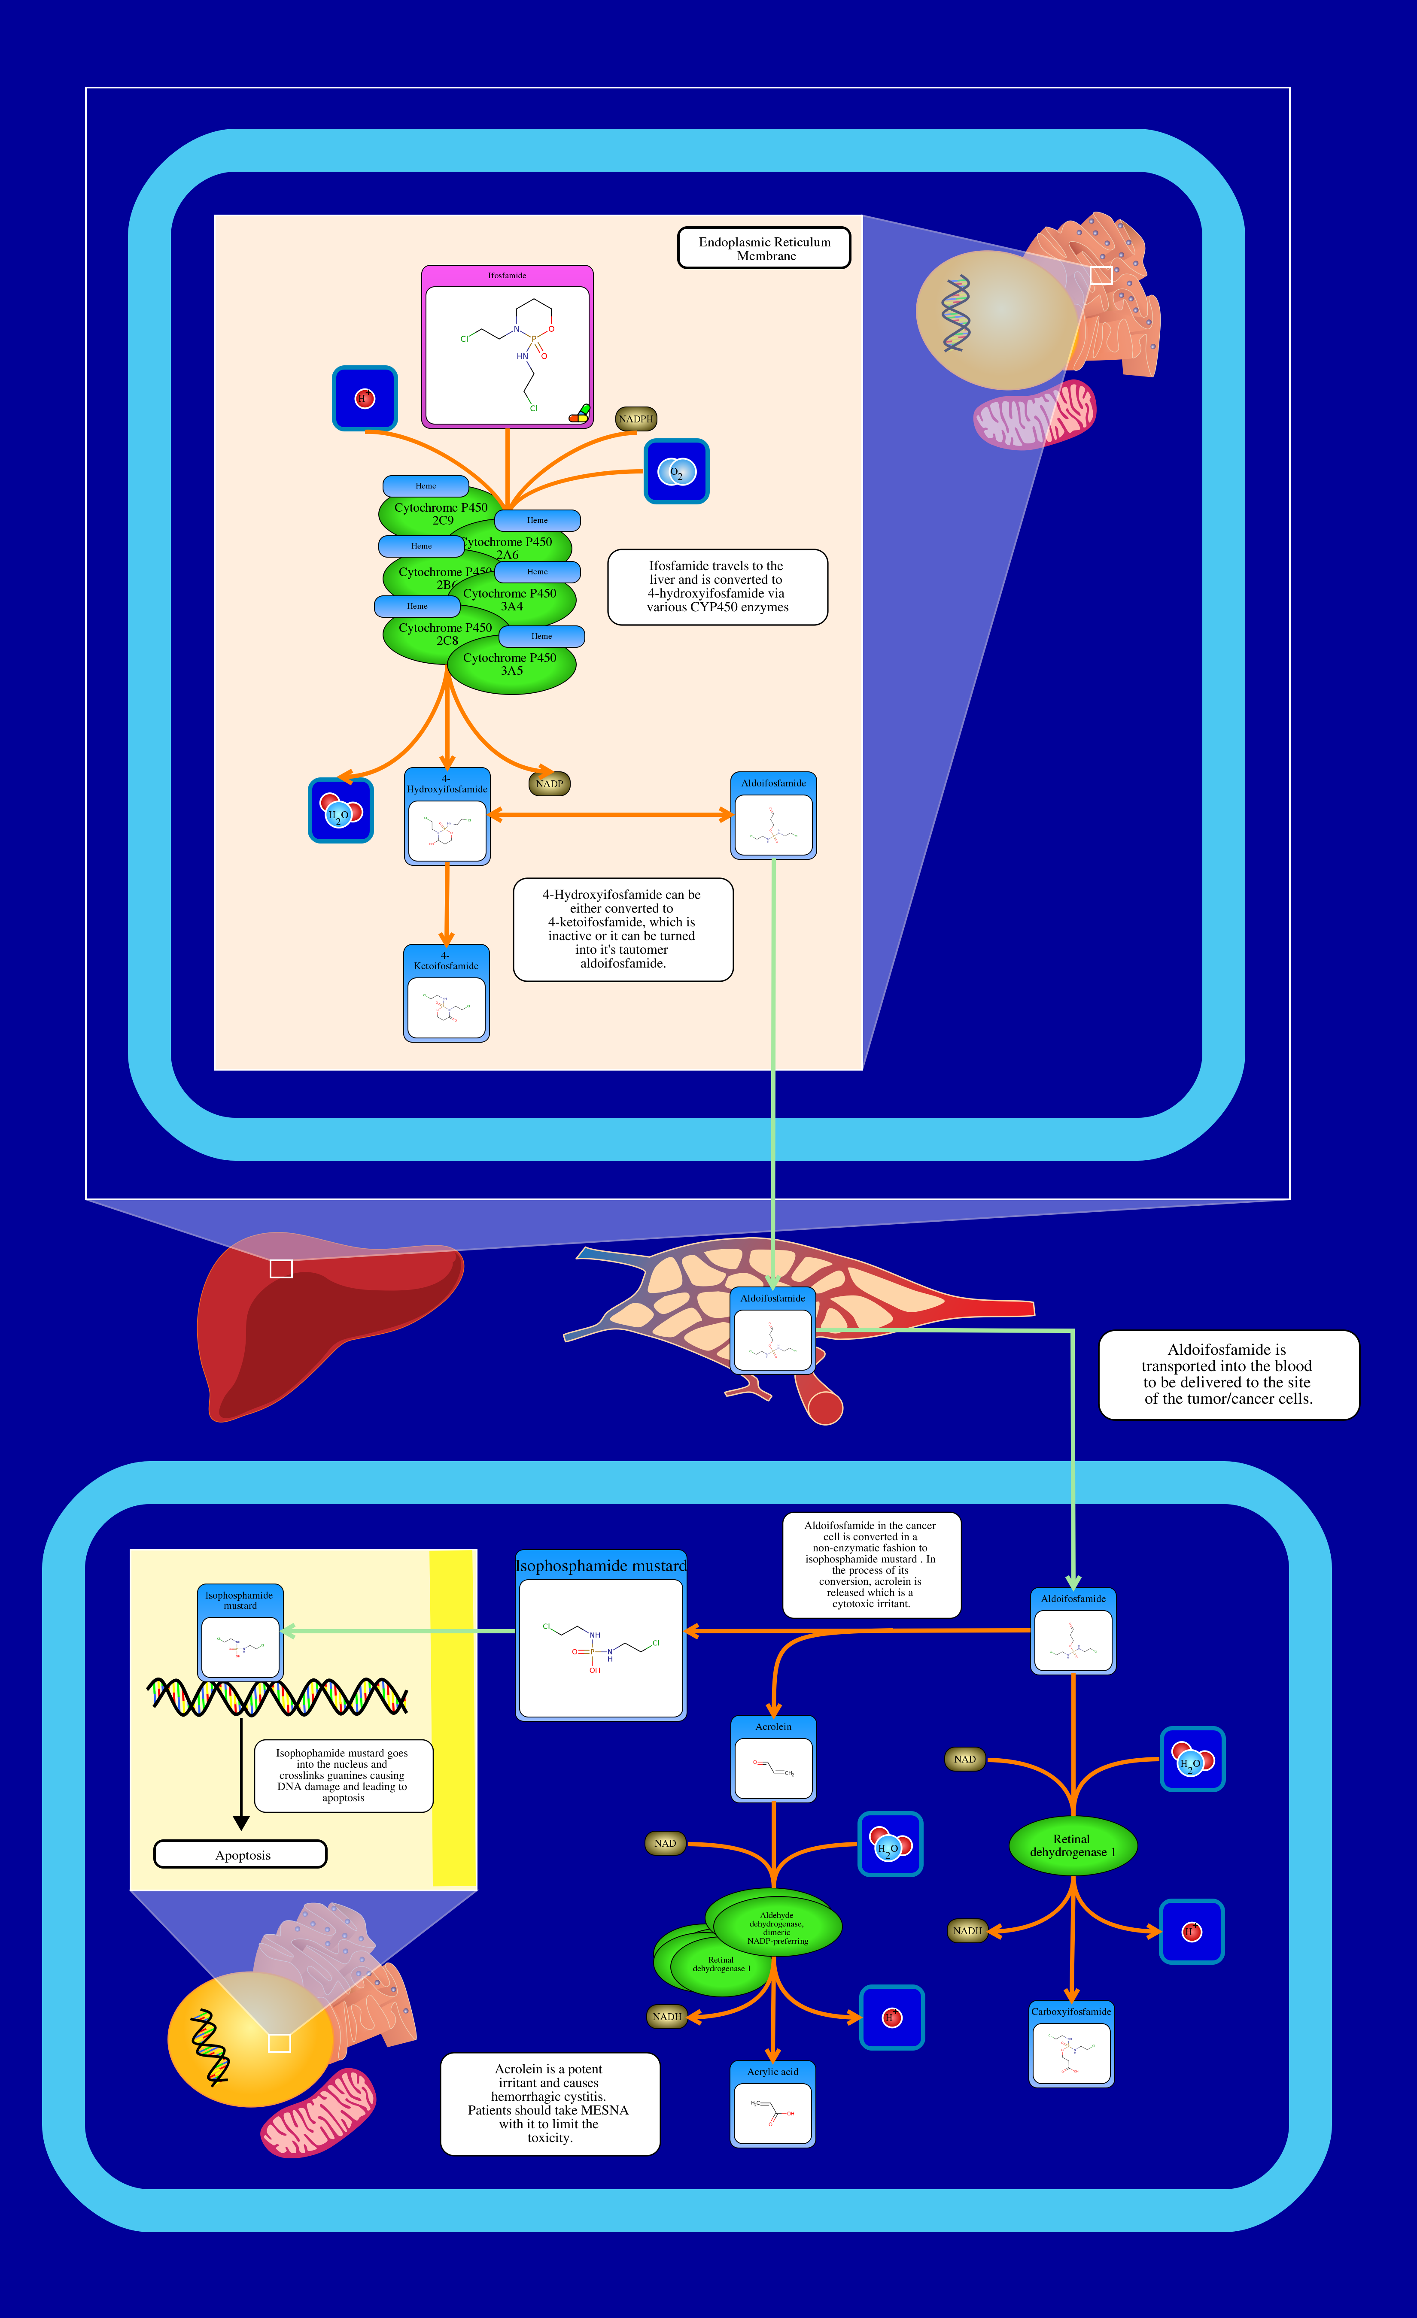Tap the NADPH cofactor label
(x=636, y=419)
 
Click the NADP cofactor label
(x=550, y=784)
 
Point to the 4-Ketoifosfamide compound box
(x=446, y=993)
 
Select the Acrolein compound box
(x=773, y=1759)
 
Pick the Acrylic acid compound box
(x=772, y=2105)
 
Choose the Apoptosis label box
(x=241, y=1854)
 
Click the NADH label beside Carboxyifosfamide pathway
(x=967, y=1930)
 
